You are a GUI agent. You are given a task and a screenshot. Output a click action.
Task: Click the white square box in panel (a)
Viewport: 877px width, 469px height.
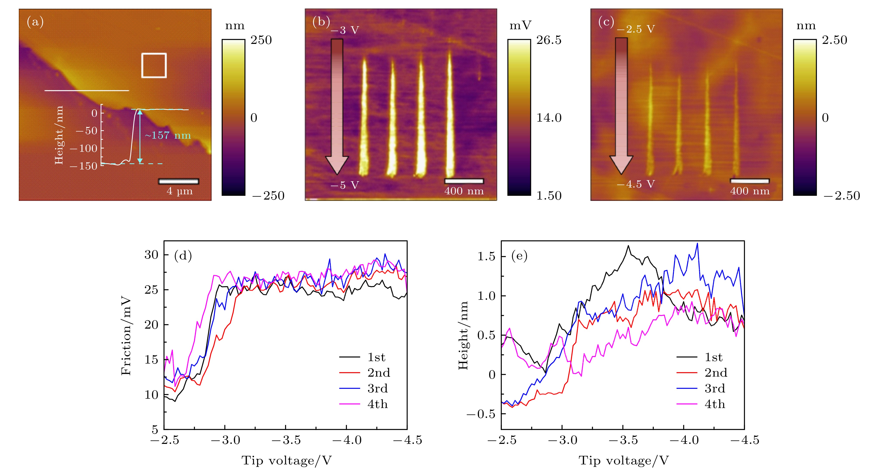pos(154,65)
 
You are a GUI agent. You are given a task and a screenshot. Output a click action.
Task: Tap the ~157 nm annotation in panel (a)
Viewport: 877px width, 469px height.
pos(168,135)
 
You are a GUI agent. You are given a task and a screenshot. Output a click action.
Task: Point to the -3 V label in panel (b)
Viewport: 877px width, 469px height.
pos(345,30)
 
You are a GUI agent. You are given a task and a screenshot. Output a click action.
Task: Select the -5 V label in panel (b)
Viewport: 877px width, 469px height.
pos(345,185)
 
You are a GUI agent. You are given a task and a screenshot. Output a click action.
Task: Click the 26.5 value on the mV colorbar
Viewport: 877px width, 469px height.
pos(549,40)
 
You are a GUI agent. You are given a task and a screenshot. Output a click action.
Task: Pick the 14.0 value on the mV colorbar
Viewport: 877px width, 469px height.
pos(549,118)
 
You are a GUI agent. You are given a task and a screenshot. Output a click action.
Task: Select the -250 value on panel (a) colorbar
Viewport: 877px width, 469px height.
pos(268,196)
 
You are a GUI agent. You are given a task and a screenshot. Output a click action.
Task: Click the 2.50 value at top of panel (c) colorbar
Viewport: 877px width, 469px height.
pos(834,40)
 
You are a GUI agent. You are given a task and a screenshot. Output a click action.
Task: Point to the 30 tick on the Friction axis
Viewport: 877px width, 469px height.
pos(152,255)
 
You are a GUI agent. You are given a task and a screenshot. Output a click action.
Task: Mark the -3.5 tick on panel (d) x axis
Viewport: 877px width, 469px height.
pos(286,440)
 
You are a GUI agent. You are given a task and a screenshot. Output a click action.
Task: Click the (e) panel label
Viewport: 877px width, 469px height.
pos(519,256)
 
